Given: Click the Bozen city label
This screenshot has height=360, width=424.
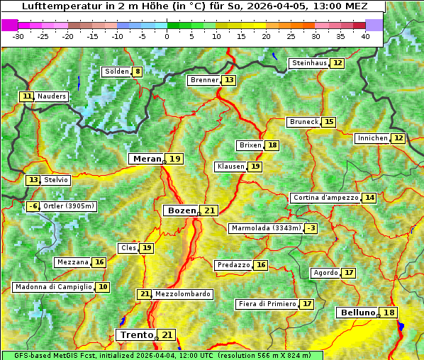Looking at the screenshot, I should click(182, 210).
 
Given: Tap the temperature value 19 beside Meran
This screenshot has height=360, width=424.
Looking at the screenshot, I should click(174, 159).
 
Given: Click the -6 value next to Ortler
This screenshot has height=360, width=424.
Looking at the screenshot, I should click(33, 206).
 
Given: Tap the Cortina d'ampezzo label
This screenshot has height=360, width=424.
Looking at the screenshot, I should click(325, 198).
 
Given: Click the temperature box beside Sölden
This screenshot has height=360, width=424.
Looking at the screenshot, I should click(137, 72).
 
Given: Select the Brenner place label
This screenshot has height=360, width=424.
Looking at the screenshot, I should click(204, 80).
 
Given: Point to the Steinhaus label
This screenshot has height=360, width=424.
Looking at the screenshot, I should click(309, 63).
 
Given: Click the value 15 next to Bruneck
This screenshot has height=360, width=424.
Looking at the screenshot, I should click(329, 122).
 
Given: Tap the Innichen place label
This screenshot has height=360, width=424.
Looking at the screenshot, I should click(372, 138).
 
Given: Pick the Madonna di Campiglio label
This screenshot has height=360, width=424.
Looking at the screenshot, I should click(53, 287).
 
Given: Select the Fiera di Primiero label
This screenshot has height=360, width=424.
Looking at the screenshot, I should click(267, 304).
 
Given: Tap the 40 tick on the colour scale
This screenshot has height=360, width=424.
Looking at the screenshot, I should click(365, 35).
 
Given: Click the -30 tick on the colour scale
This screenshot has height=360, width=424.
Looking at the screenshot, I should click(18, 35).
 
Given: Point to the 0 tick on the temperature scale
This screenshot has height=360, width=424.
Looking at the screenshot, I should click(167, 35).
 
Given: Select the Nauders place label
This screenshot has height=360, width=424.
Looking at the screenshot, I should click(52, 96).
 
